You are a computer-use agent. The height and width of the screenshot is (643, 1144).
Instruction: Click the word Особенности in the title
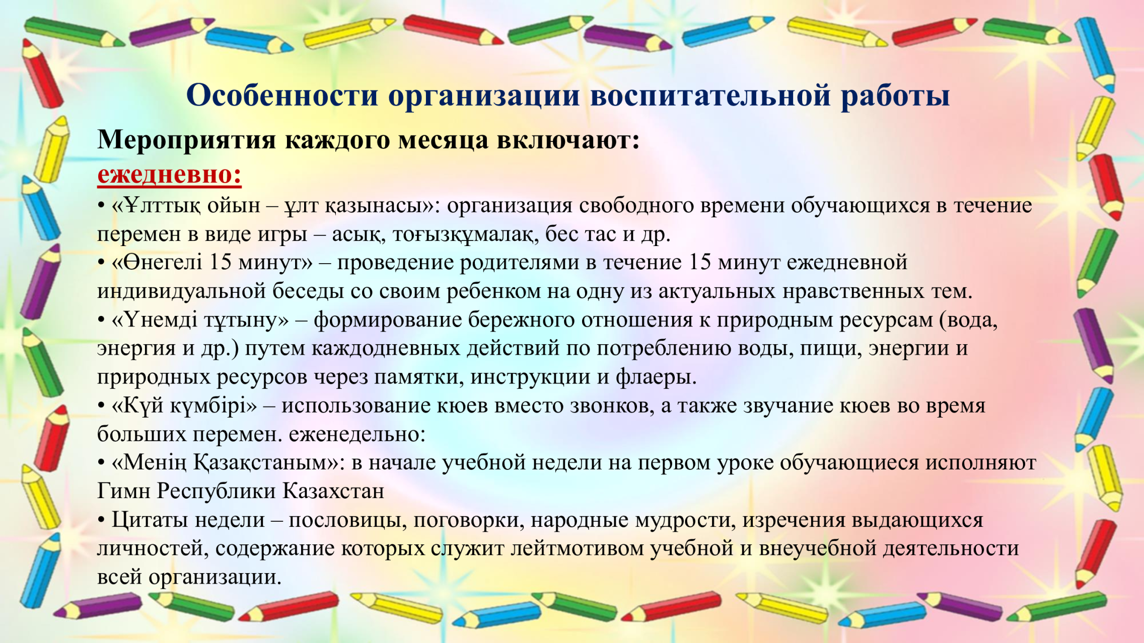[282, 95]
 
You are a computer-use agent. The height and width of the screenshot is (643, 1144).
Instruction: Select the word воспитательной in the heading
[710, 95]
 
